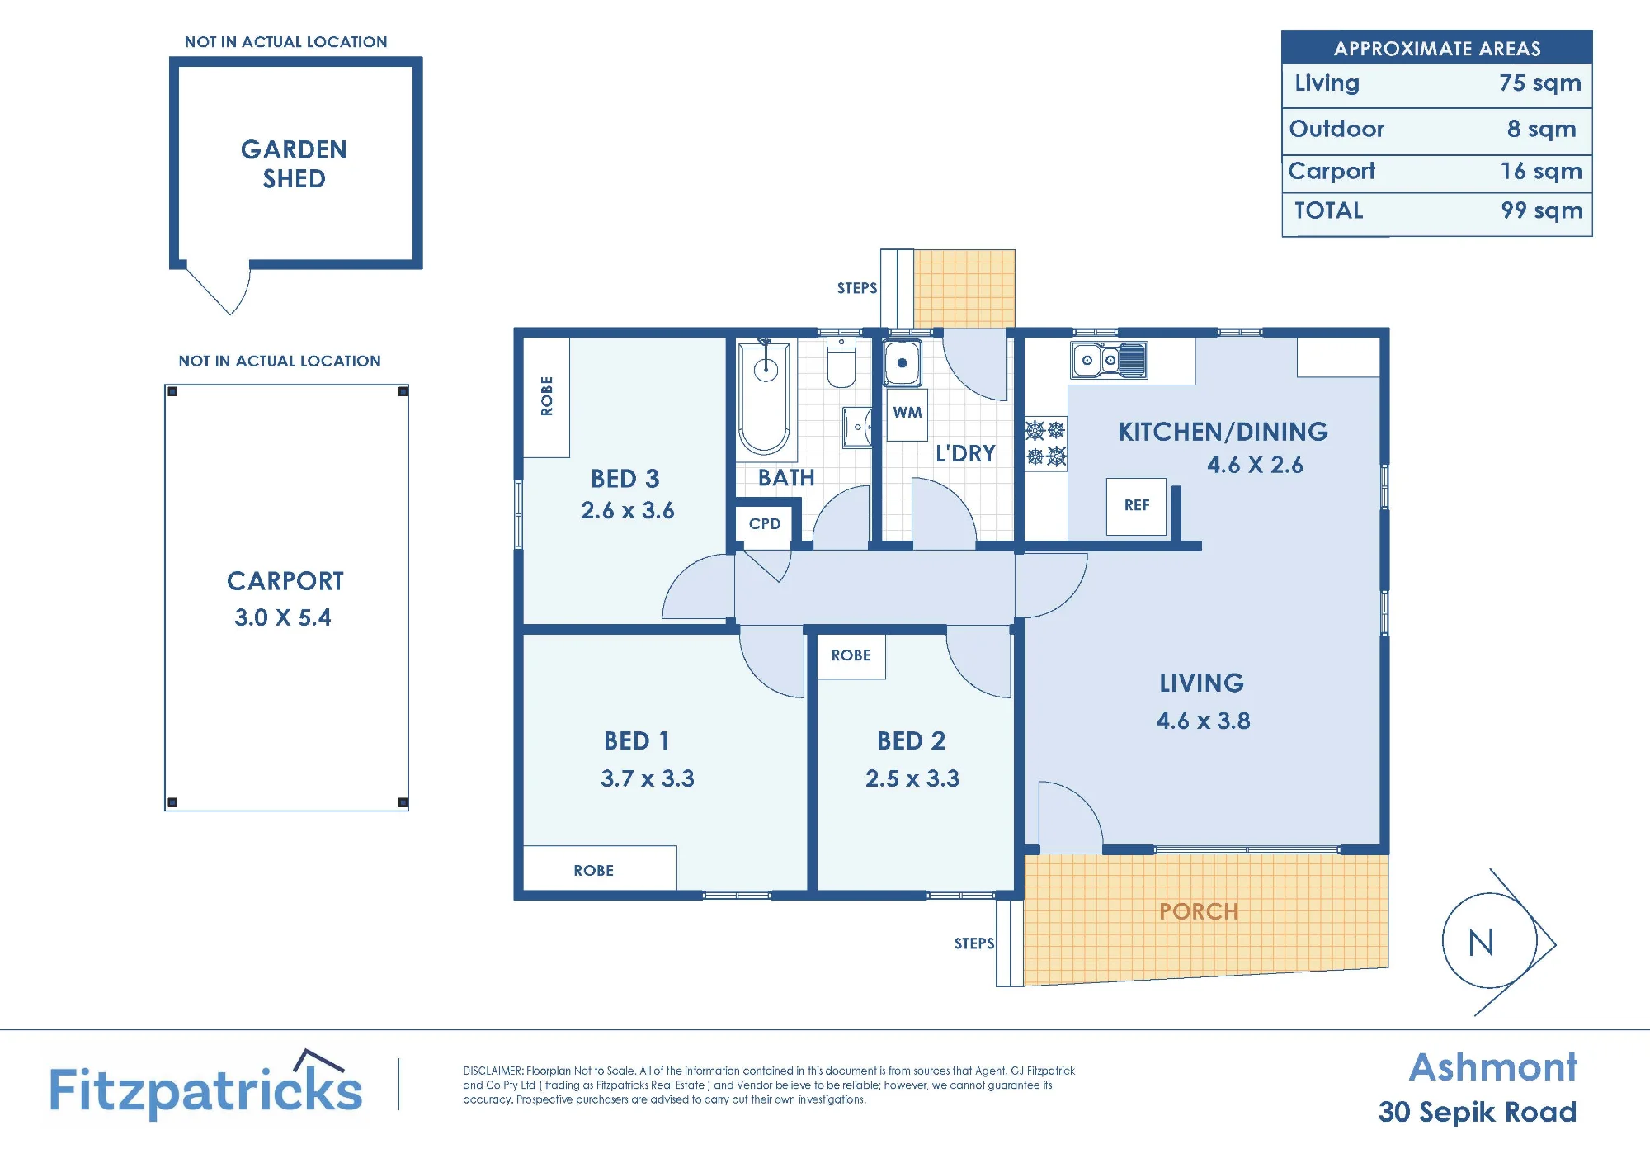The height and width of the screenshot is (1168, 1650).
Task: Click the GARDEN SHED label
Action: point(294,163)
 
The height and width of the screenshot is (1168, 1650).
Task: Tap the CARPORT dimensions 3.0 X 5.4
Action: point(283,617)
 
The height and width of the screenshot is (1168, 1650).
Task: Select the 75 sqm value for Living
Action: point(1539,83)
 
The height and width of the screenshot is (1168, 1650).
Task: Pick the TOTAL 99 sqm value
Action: point(1541,210)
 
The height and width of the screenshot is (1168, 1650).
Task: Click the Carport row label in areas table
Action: point(1332,171)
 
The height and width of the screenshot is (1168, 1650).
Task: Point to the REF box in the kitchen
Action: point(1136,506)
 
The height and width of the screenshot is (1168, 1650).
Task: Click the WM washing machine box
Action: point(907,412)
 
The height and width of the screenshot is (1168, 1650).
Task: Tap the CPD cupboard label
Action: point(765,523)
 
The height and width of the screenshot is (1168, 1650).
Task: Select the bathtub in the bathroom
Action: point(764,399)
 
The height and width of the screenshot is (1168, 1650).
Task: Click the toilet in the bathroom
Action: point(841,363)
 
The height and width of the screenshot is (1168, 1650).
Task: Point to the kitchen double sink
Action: point(1109,360)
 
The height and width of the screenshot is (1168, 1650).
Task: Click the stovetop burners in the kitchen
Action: point(1045,443)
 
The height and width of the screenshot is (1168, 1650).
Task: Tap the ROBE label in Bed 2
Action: point(851,655)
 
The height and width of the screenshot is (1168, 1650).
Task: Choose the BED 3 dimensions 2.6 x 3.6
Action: point(627,511)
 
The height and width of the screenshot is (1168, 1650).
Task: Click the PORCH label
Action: point(1199,911)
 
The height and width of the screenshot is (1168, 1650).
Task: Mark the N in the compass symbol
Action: point(1481,943)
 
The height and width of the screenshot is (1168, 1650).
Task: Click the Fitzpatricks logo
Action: point(206,1085)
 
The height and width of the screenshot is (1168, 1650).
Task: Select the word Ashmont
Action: point(1492,1067)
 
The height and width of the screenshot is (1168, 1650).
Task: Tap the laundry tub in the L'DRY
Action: point(902,362)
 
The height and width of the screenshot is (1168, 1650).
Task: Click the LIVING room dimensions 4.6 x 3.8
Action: point(1203,721)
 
